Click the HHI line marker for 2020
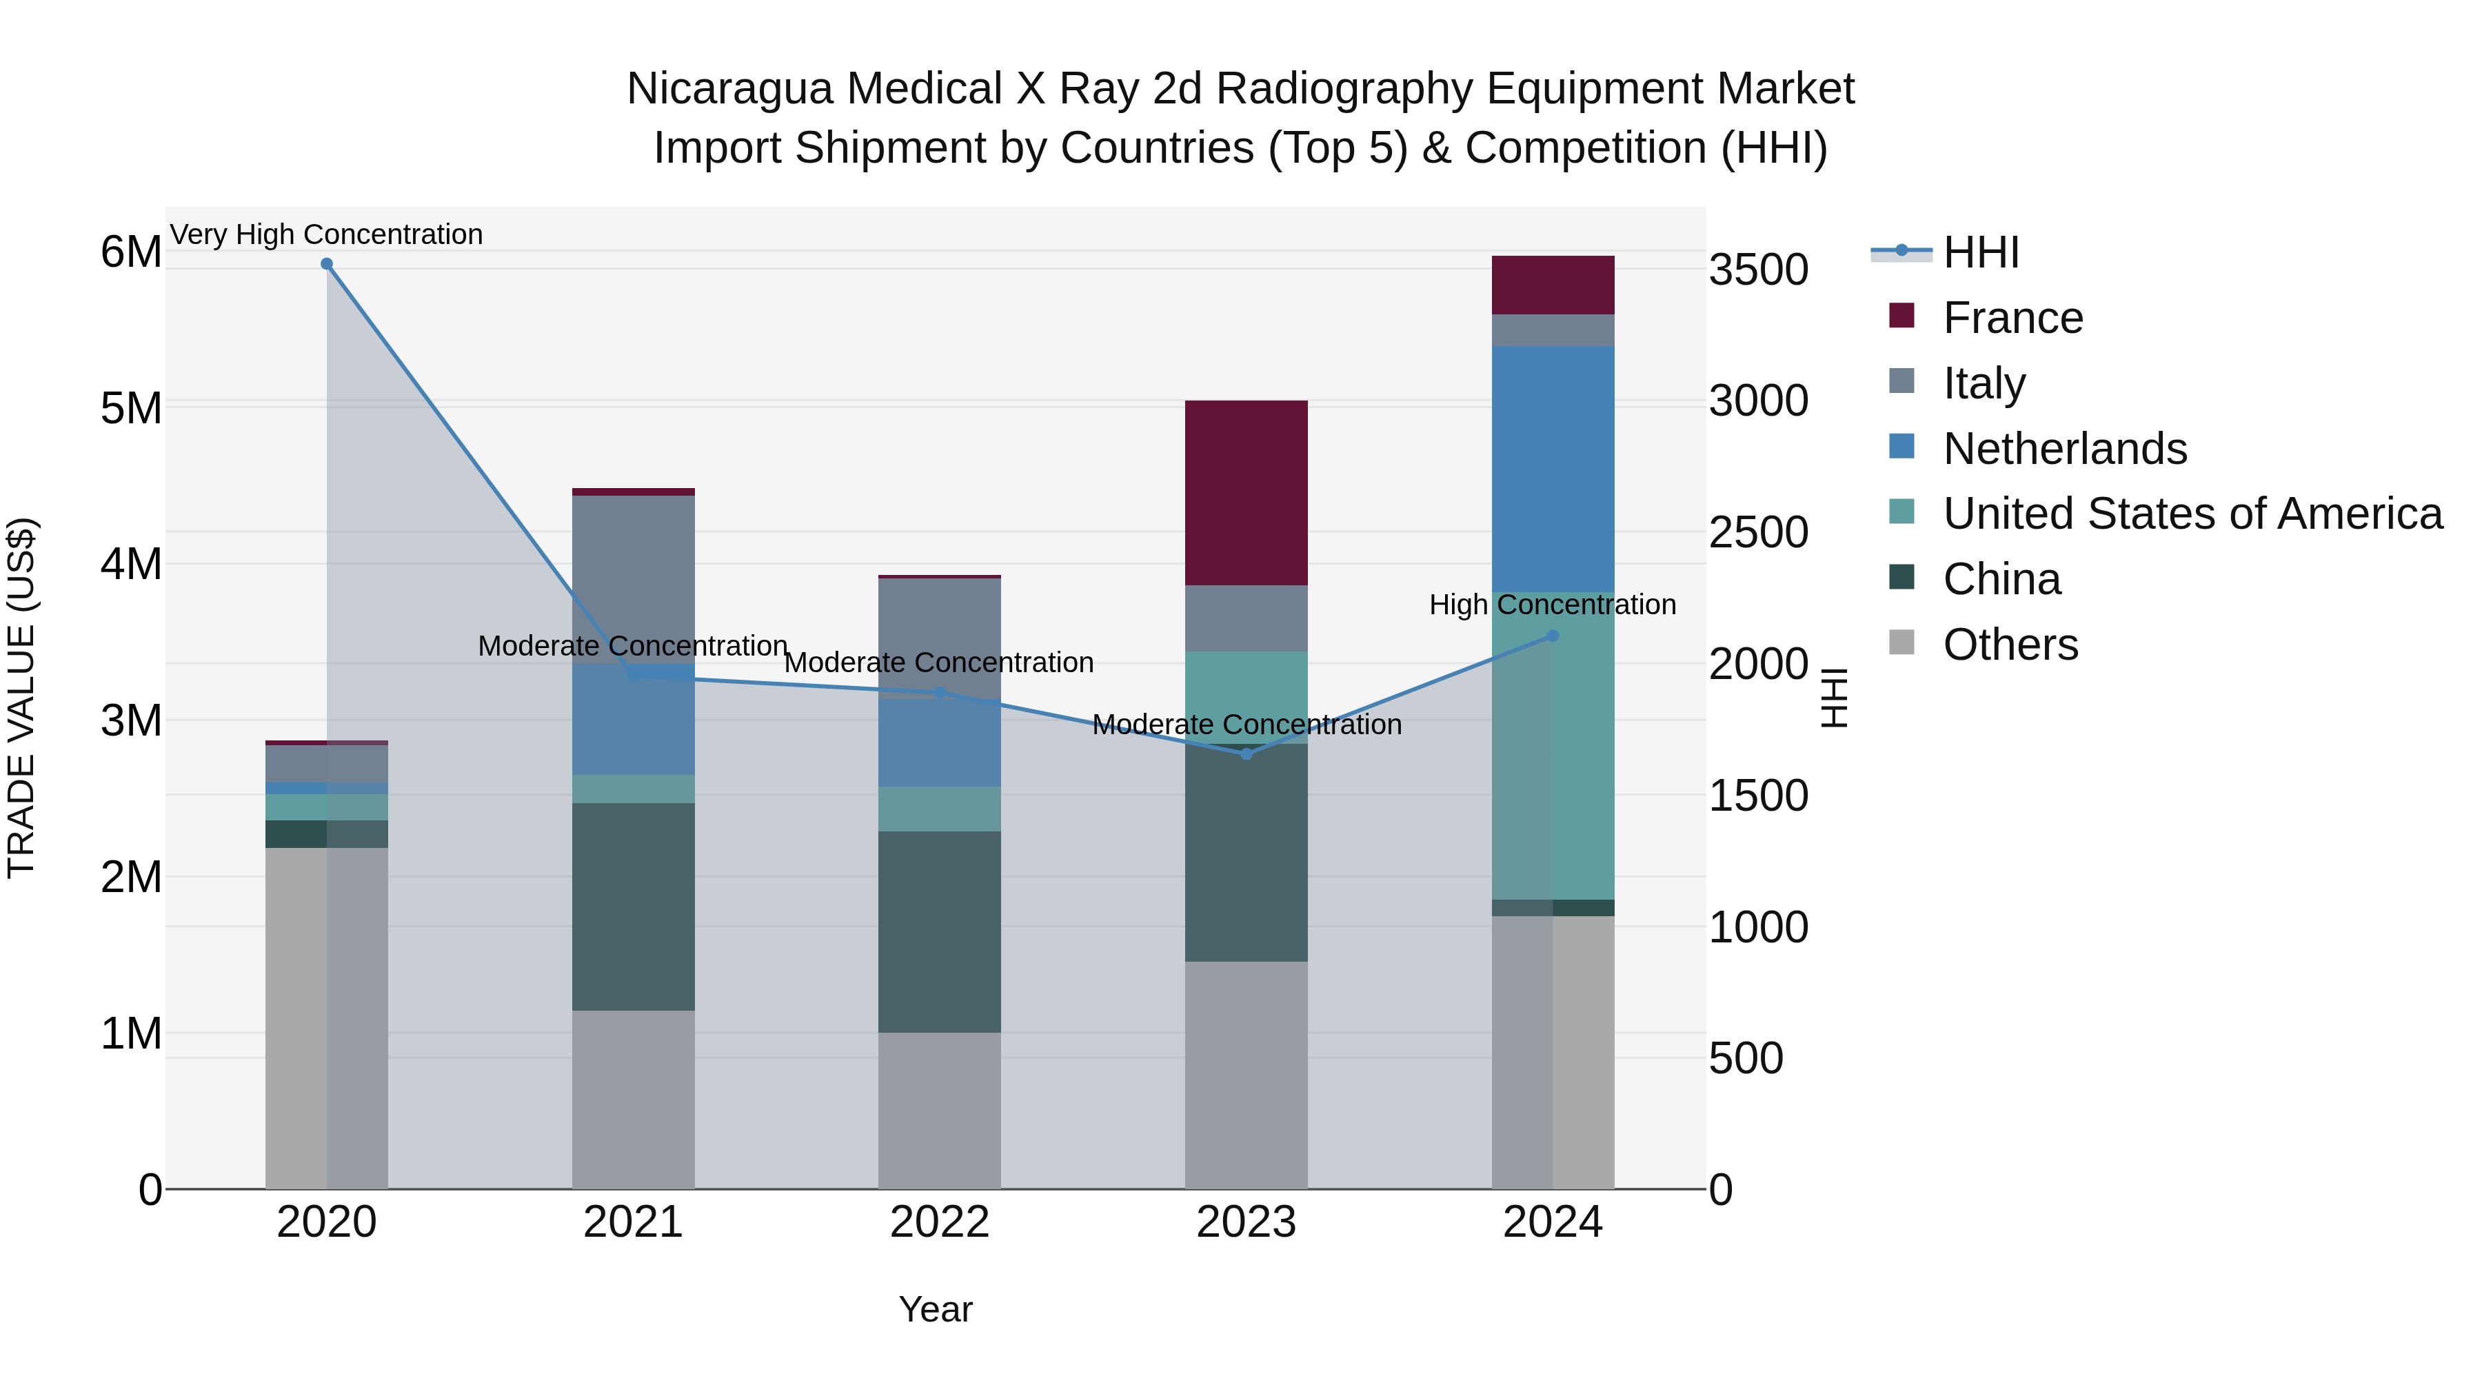[x=327, y=264]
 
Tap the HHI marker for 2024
[x=1552, y=636]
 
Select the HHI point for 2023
[x=1246, y=754]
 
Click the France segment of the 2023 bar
[x=1246, y=494]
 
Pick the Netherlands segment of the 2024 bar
[x=1552, y=469]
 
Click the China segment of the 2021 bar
[x=633, y=907]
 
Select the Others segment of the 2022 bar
[x=940, y=1111]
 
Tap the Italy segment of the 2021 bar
[x=633, y=579]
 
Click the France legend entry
[x=2012, y=318]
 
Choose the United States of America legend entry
[x=2192, y=514]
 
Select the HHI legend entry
[x=1980, y=252]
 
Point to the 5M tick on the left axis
[x=131, y=407]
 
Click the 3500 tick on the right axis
[x=1758, y=270]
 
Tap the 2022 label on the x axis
[x=940, y=1222]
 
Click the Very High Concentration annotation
[x=327, y=234]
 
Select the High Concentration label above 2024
[x=1552, y=605]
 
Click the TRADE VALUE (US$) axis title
[x=21, y=698]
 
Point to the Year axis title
[x=936, y=1309]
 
